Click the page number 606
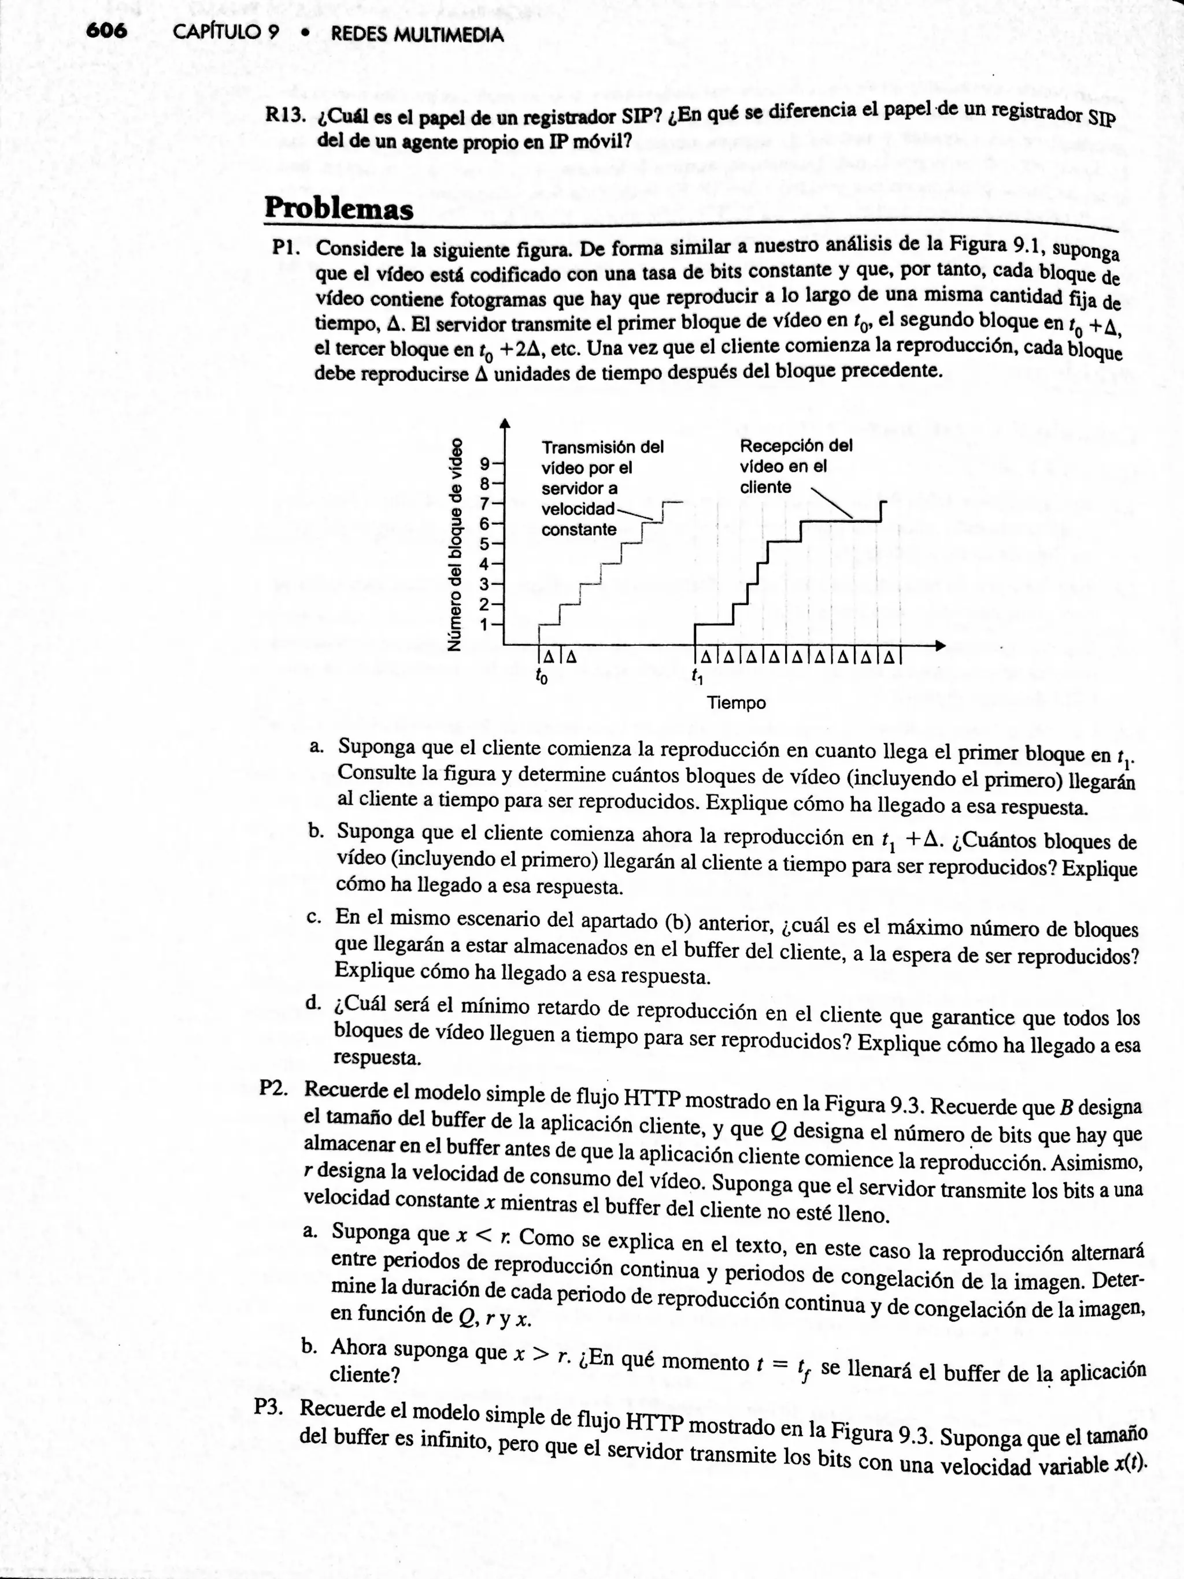pos(105,31)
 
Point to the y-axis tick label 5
pos(486,543)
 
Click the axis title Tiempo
pos(737,703)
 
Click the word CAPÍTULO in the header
pos(221,34)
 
